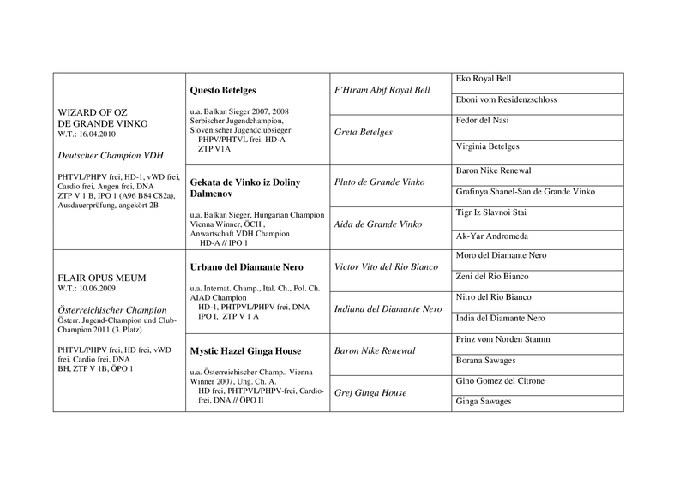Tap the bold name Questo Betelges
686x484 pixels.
coord(224,89)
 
